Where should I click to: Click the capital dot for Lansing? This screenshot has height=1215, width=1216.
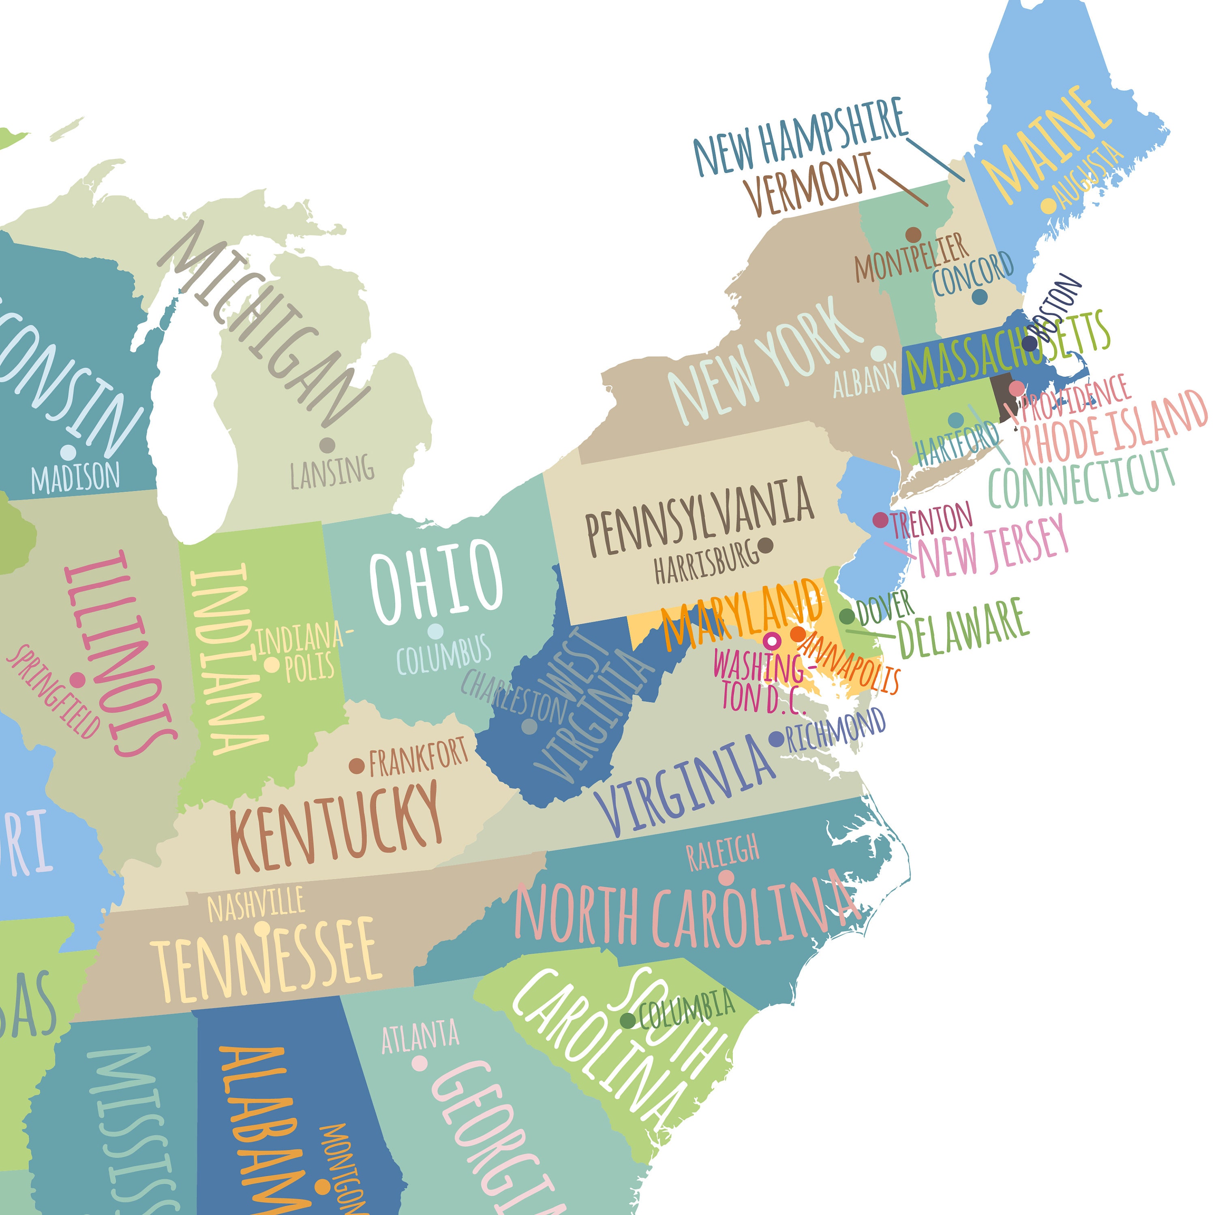pos(327,446)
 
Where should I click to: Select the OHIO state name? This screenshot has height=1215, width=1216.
pos(436,581)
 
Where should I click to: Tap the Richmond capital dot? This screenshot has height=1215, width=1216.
pos(777,739)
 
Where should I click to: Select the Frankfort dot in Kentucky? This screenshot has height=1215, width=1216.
pos(357,766)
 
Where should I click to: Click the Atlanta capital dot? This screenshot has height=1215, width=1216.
pos(419,1063)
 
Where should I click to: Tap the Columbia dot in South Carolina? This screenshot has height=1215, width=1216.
pos(627,1020)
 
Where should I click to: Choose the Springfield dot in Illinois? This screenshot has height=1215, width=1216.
pos(77,679)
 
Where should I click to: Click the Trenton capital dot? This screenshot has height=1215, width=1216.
pos(880,520)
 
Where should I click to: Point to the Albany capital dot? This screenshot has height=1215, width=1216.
pos(879,354)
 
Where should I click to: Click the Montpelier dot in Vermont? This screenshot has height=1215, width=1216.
pos(913,235)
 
